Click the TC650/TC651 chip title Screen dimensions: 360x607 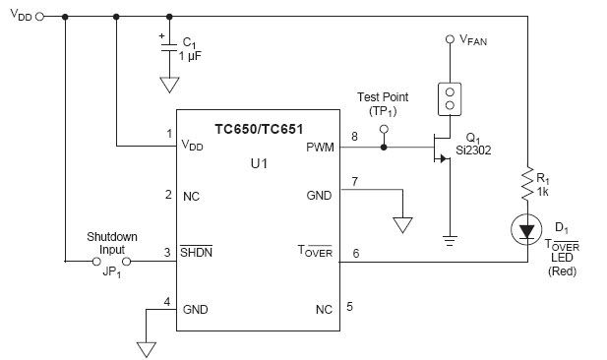point(259,128)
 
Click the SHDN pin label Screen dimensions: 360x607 point(197,252)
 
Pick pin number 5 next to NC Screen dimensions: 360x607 point(350,306)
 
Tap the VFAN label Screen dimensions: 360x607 point(472,40)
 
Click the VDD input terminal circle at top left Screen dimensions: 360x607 point(40,17)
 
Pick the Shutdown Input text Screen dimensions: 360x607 point(110,243)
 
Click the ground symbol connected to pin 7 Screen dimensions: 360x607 point(401,224)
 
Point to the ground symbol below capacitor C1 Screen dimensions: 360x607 point(169,86)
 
